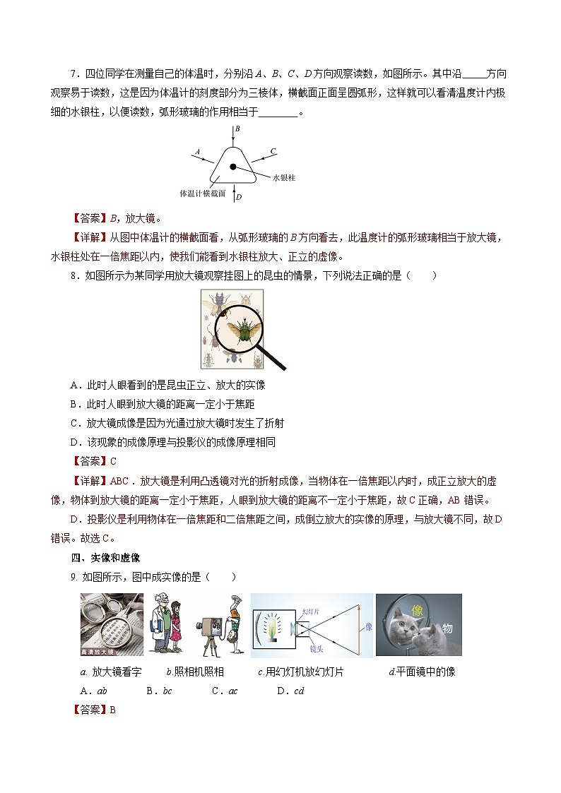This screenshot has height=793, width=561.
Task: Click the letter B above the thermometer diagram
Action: (x=237, y=129)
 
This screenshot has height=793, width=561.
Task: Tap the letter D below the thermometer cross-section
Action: (x=239, y=198)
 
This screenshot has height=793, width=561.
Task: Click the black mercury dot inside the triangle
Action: (x=232, y=167)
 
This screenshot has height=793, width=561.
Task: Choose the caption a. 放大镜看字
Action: (x=111, y=672)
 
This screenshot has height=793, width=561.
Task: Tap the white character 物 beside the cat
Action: (x=447, y=629)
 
